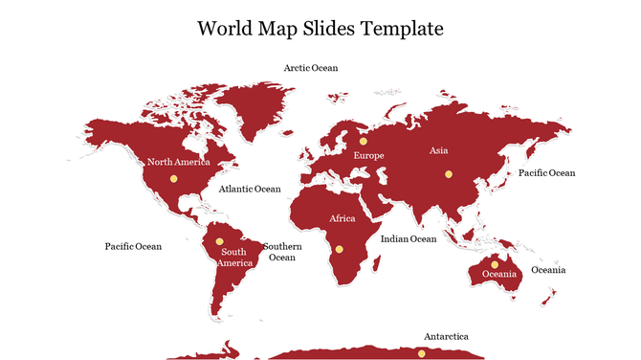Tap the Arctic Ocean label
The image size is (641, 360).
[x=310, y=68]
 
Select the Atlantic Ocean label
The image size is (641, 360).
[x=250, y=189]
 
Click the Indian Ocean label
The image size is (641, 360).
[x=408, y=238]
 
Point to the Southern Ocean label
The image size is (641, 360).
[x=282, y=251]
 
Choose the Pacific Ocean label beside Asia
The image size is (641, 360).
[x=546, y=173]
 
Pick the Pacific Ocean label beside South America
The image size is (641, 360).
[x=133, y=246]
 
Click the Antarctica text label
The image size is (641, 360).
[x=446, y=336]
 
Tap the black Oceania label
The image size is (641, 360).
[x=548, y=270]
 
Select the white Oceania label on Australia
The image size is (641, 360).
[x=498, y=275]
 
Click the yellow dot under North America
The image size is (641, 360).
[x=173, y=179]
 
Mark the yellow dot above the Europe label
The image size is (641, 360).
[x=364, y=141]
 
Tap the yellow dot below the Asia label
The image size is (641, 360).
[x=448, y=174]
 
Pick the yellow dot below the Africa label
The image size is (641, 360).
[x=339, y=249]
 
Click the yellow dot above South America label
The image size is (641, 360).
[x=219, y=241]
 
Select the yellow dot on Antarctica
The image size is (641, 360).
[x=421, y=354]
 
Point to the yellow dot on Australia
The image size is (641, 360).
[x=495, y=264]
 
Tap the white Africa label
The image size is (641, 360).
[x=343, y=219]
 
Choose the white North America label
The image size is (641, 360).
[x=179, y=162]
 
